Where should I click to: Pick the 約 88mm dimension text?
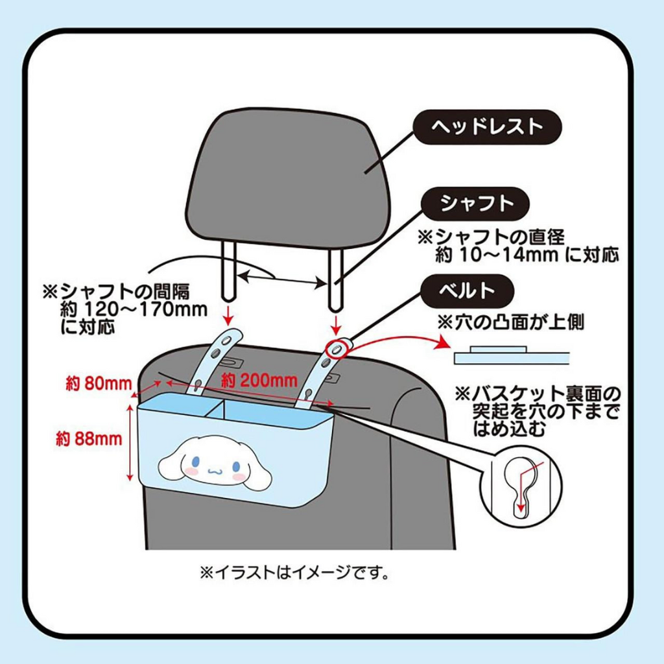click(x=89, y=439)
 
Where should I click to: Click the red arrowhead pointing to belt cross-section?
click(x=445, y=344)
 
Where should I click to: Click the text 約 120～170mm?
click(x=133, y=309)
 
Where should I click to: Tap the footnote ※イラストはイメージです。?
click(x=294, y=573)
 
